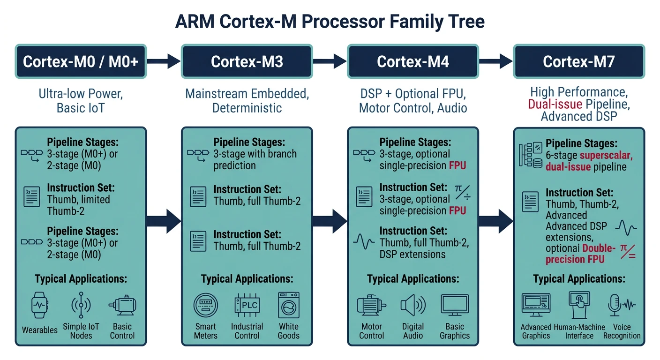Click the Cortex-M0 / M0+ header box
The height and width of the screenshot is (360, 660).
pyautogui.click(x=81, y=61)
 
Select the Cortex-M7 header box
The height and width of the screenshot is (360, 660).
pyautogui.click(x=579, y=61)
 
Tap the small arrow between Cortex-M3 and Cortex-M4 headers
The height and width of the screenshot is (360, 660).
pyautogui.click(x=330, y=61)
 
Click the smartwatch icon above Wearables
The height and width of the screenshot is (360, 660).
pyautogui.click(x=39, y=306)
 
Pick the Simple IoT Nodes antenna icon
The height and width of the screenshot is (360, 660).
pyautogui.click(x=81, y=306)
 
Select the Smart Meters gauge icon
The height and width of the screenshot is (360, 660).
pyautogui.click(x=206, y=306)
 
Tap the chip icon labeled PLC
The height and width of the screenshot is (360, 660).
pyautogui.click(x=247, y=306)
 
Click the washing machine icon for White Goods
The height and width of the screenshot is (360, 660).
pyautogui.click(x=288, y=306)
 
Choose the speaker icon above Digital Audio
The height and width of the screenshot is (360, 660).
pyautogui.click(x=413, y=306)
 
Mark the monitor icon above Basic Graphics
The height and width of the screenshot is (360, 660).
pyautogui.click(x=455, y=306)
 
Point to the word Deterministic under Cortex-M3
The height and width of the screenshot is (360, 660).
pyautogui.click(x=247, y=108)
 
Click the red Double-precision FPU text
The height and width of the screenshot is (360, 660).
pyautogui.click(x=581, y=254)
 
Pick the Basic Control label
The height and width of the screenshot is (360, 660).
pyautogui.click(x=122, y=331)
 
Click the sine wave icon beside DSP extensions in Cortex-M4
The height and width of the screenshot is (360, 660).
pyautogui.click(x=363, y=242)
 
